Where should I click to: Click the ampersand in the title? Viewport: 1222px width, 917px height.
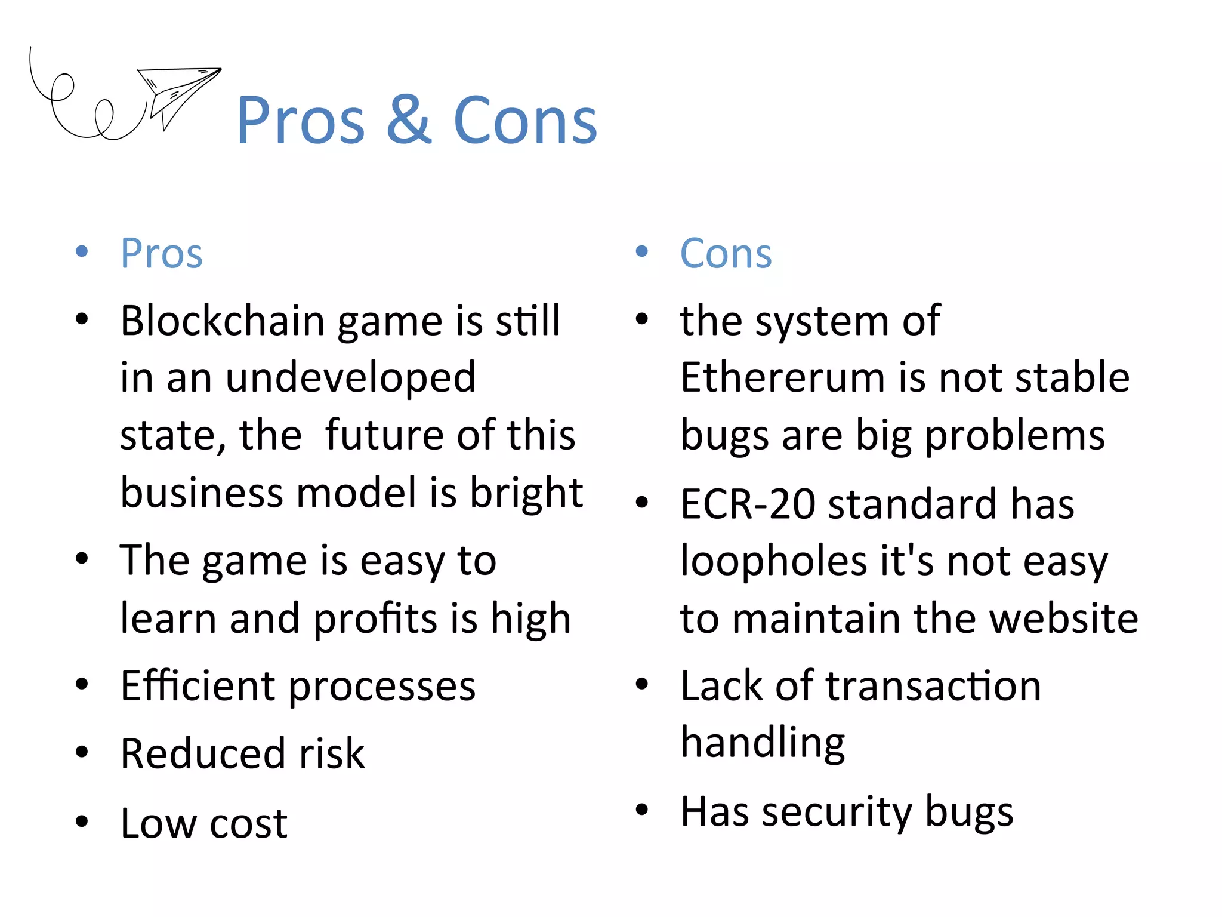[409, 121]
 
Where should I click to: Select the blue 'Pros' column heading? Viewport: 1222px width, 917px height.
[162, 254]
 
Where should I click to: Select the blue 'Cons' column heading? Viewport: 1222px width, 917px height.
[726, 254]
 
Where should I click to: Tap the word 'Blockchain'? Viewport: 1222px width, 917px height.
[222, 321]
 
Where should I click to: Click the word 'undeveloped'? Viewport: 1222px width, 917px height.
[350, 378]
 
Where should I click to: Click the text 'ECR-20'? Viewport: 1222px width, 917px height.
[747, 504]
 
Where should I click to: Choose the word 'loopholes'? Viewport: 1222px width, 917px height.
[773, 561]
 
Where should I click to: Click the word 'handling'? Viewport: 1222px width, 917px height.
[763, 743]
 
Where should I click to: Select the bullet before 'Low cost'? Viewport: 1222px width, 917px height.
[82, 821]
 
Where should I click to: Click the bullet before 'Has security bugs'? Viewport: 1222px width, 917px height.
[642, 810]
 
